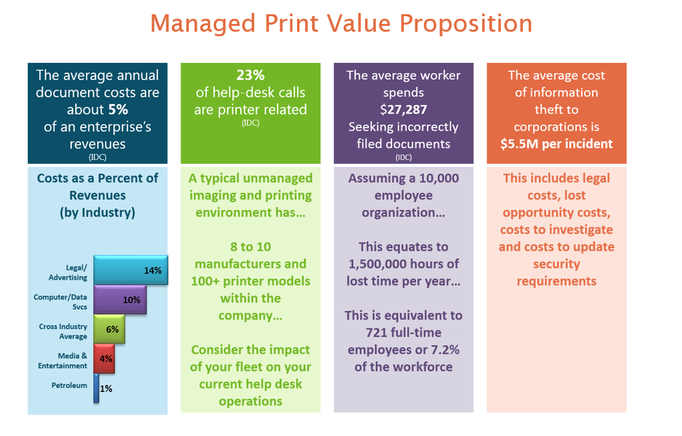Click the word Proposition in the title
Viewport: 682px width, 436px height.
click(466, 23)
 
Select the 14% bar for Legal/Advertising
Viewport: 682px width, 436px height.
click(131, 270)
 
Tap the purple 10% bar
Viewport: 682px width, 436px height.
click(120, 300)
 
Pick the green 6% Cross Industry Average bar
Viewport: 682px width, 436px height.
click(109, 329)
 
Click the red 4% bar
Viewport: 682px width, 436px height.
click(104, 358)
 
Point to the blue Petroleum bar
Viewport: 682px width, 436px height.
click(96, 388)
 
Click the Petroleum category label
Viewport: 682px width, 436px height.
click(69, 385)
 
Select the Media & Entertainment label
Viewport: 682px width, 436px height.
click(62, 361)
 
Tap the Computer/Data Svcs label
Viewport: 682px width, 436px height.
click(60, 302)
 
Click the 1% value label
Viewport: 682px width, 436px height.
click(106, 389)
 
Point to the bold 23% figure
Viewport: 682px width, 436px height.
click(250, 75)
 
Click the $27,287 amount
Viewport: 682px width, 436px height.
click(404, 109)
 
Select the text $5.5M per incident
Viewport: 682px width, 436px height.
click(556, 144)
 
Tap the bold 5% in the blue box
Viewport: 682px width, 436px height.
click(118, 109)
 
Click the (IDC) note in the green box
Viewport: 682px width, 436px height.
click(250, 123)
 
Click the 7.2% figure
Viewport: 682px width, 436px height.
click(445, 350)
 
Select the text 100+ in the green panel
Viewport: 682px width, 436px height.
click(205, 281)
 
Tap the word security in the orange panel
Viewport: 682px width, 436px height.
click(556, 264)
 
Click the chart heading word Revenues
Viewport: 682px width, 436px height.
click(98, 196)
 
